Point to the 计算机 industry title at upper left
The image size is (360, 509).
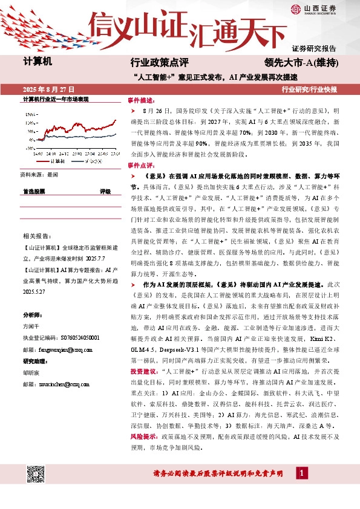(x=38, y=62)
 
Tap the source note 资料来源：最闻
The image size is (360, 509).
(x=40, y=173)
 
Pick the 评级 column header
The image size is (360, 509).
(x=105, y=191)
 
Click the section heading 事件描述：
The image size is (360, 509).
(x=141, y=99)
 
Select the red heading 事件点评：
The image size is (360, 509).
(x=141, y=164)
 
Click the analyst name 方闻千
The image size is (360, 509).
(x=31, y=326)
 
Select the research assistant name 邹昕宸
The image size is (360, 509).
(x=31, y=373)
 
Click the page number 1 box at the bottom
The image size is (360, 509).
(x=301, y=472)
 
